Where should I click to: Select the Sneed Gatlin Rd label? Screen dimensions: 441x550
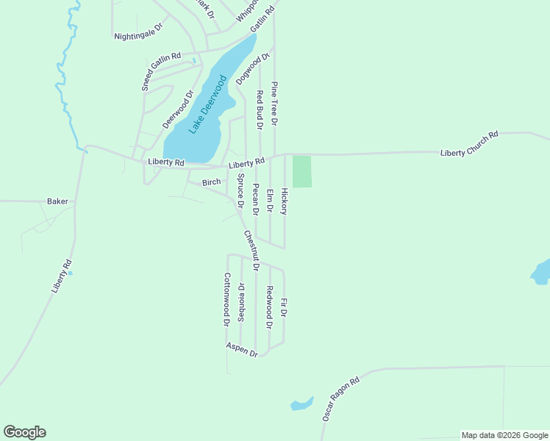point(161,71)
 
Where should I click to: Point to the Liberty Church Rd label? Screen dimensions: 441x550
point(469,143)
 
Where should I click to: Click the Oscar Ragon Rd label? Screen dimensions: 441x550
point(340,399)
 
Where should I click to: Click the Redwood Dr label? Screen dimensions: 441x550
point(269,307)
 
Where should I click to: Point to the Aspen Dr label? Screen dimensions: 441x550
point(242,349)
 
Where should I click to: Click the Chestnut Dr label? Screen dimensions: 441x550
point(251,250)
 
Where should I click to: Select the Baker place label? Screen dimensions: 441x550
point(57,201)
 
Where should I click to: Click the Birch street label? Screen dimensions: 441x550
point(211,182)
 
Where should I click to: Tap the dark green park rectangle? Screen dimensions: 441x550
point(302,171)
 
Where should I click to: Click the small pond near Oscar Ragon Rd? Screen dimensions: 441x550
point(301,404)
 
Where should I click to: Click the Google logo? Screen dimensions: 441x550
point(24,432)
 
